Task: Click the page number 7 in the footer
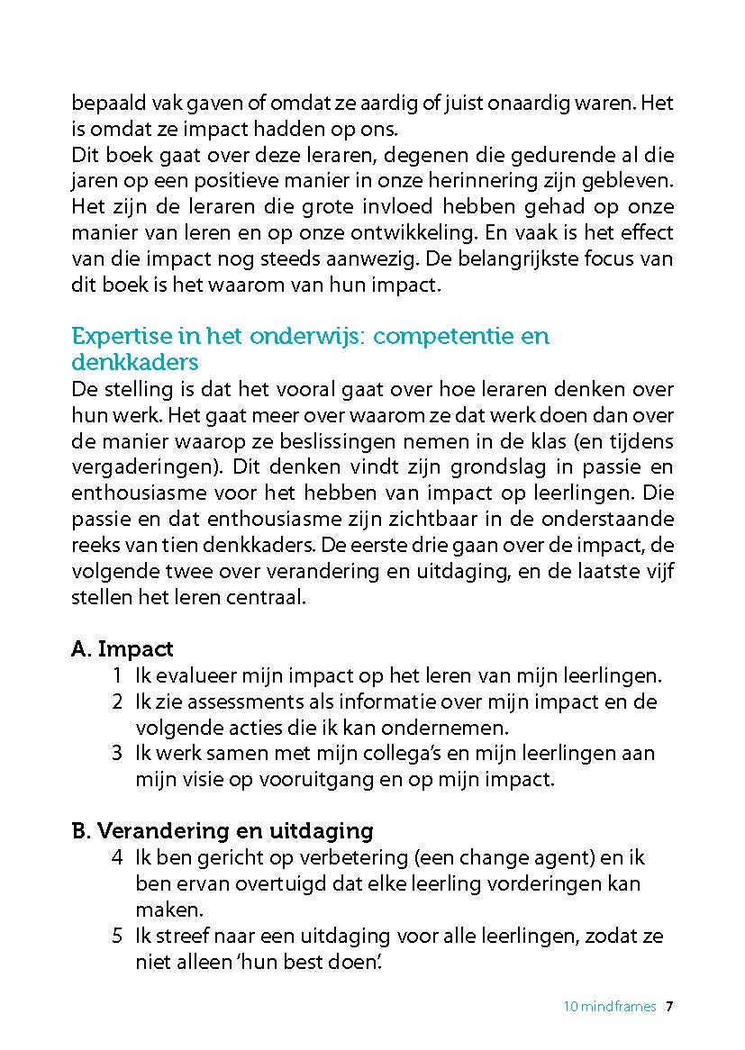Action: point(669,1007)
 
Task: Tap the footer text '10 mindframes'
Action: point(610,1007)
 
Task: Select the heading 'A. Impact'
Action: point(122,649)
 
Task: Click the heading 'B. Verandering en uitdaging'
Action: point(222,830)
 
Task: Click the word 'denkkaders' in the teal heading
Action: point(134,362)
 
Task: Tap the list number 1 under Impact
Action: point(117,676)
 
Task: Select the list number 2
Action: point(117,702)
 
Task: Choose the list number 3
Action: point(117,753)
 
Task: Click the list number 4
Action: point(117,857)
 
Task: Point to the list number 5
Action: point(117,936)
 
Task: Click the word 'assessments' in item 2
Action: point(230,702)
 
